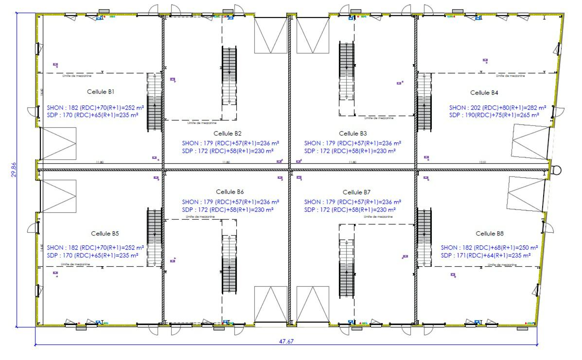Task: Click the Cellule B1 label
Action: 101,92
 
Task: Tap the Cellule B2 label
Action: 228,133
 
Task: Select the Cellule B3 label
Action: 353,133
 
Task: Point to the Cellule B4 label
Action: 484,92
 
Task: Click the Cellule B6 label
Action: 230,192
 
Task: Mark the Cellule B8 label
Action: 489,234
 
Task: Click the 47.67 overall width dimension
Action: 286,341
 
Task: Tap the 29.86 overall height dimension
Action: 14,170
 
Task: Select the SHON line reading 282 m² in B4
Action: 497,108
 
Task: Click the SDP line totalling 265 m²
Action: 494,115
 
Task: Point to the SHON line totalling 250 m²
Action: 489,248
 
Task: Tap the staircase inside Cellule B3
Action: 346,70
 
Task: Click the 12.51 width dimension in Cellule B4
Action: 482,162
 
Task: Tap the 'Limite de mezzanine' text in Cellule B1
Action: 77,76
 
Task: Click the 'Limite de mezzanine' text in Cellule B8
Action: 501,265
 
